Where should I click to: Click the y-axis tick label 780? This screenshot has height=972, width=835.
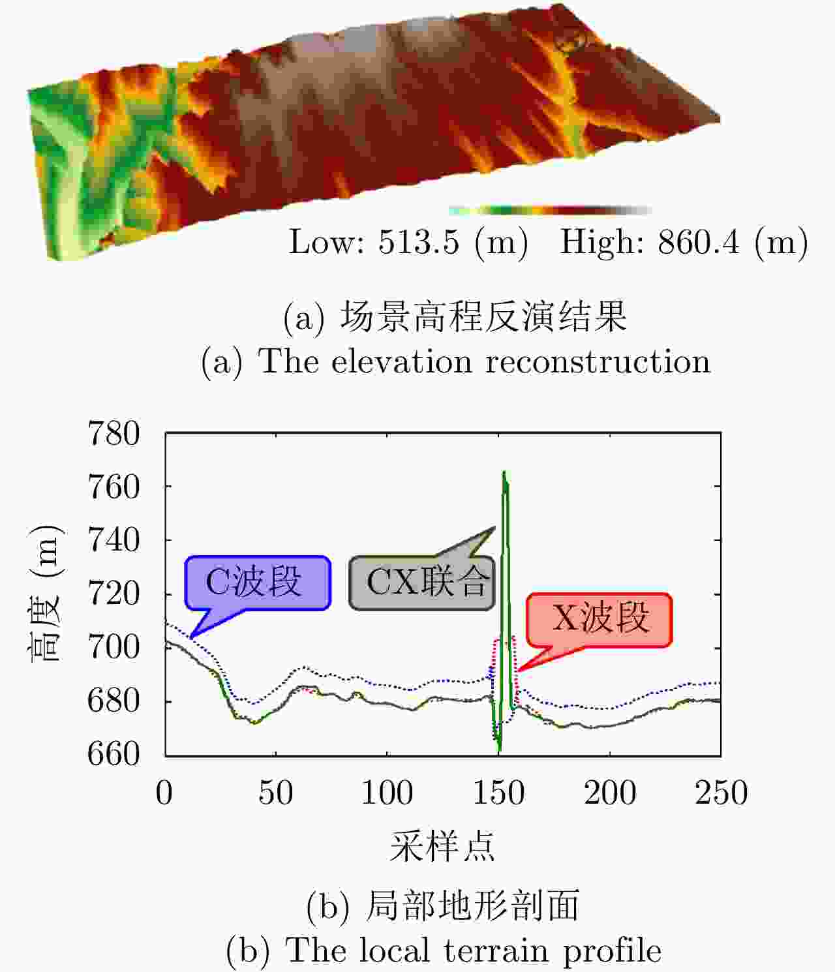114,434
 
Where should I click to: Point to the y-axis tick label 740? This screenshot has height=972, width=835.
114,541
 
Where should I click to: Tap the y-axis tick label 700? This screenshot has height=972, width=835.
114,648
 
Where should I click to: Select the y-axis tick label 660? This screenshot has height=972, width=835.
114,754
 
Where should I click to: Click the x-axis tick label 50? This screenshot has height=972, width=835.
275,793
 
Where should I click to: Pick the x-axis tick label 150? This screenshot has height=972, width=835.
498,793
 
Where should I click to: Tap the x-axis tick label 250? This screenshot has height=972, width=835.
721,793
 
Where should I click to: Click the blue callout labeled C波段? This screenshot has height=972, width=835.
258,582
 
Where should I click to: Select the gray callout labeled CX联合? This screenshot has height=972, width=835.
423,583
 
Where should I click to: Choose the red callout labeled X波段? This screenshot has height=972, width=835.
599,619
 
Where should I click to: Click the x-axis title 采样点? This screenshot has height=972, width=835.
442,847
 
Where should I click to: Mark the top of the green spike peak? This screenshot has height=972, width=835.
504,472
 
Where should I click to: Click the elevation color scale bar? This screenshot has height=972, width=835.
550,210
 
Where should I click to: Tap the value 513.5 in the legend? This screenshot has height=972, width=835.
418,243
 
